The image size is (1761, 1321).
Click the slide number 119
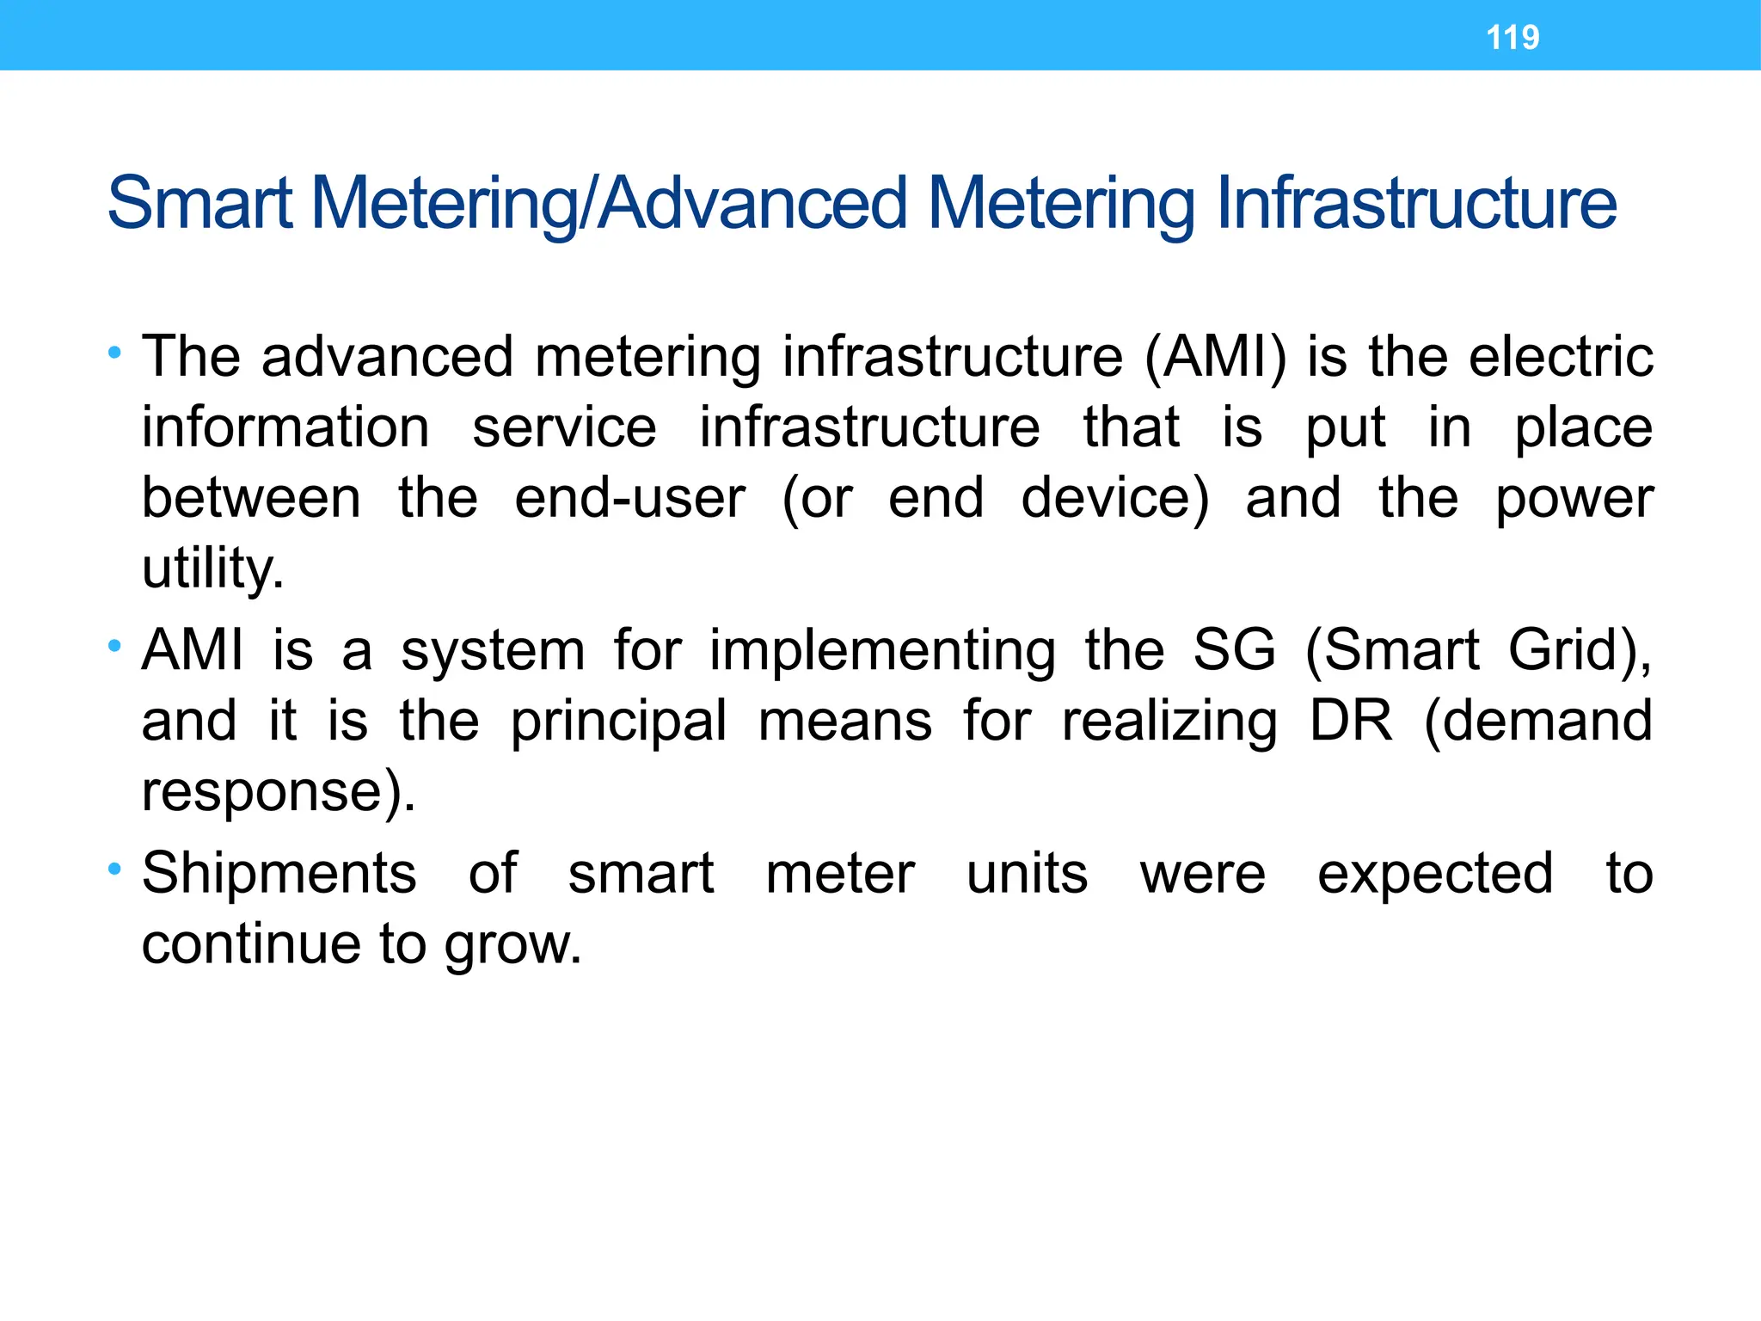point(1512,37)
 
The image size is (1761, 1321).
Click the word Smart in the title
point(199,204)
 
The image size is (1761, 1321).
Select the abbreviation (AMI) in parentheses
point(1216,357)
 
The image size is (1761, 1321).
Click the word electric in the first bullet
point(1561,357)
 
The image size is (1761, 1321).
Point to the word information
point(285,427)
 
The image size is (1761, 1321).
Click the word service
point(564,427)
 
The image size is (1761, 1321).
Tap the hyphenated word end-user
point(629,498)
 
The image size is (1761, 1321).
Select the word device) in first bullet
point(1114,498)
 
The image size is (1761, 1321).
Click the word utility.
point(212,568)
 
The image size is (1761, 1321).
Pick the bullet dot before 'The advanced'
point(114,352)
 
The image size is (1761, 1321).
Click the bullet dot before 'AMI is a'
point(114,645)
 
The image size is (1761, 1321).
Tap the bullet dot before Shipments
point(114,869)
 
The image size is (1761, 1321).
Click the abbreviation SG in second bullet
point(1234,650)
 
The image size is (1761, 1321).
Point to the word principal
point(619,721)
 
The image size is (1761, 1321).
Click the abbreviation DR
point(1350,721)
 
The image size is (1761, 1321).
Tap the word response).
point(279,791)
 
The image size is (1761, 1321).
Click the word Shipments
point(279,874)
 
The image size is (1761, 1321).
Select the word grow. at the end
point(513,945)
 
